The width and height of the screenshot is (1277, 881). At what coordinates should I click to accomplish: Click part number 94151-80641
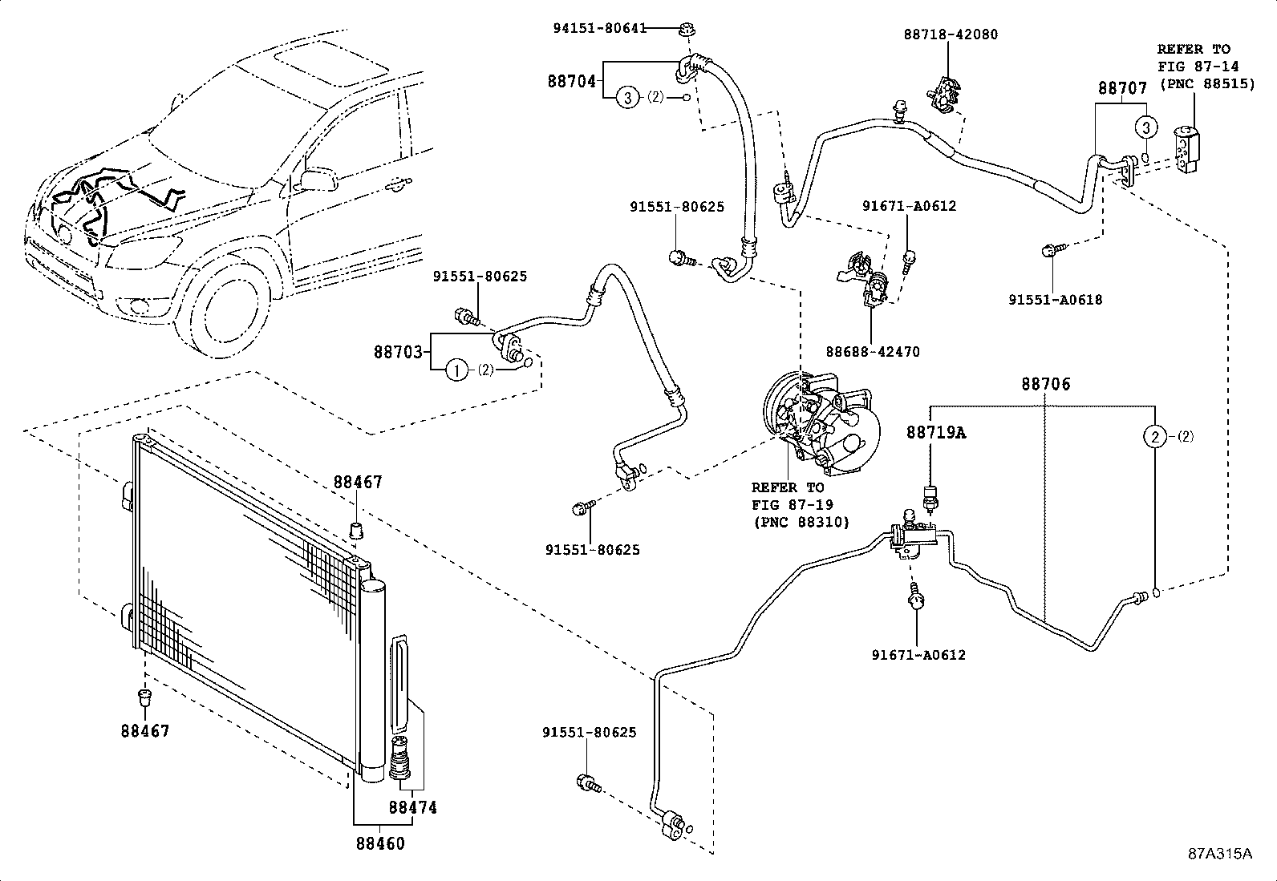(x=600, y=28)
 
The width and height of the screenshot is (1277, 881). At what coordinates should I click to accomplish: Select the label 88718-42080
(x=951, y=34)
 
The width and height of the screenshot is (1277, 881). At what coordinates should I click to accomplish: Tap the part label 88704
(x=572, y=82)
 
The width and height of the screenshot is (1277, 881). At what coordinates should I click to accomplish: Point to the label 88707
(x=1122, y=88)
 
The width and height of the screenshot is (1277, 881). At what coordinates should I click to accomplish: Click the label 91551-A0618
(x=1056, y=300)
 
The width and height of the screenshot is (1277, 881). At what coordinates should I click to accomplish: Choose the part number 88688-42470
(x=873, y=352)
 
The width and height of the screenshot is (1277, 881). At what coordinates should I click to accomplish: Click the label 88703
(x=398, y=352)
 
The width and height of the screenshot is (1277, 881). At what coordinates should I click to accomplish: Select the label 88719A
(x=936, y=433)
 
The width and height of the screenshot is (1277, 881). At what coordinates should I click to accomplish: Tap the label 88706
(x=1045, y=384)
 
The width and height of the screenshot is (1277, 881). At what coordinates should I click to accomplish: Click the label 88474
(x=413, y=807)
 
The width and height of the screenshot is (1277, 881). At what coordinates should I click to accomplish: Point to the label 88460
(x=380, y=843)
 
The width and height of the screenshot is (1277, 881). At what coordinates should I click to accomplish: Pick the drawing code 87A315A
(x=1220, y=854)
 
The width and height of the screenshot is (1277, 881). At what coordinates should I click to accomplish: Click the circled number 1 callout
(x=456, y=370)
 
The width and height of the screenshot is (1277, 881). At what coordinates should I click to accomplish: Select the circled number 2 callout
(x=1155, y=437)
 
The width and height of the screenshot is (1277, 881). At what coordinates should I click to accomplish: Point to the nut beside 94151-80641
(x=687, y=28)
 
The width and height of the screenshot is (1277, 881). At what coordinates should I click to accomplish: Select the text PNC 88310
(x=801, y=522)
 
